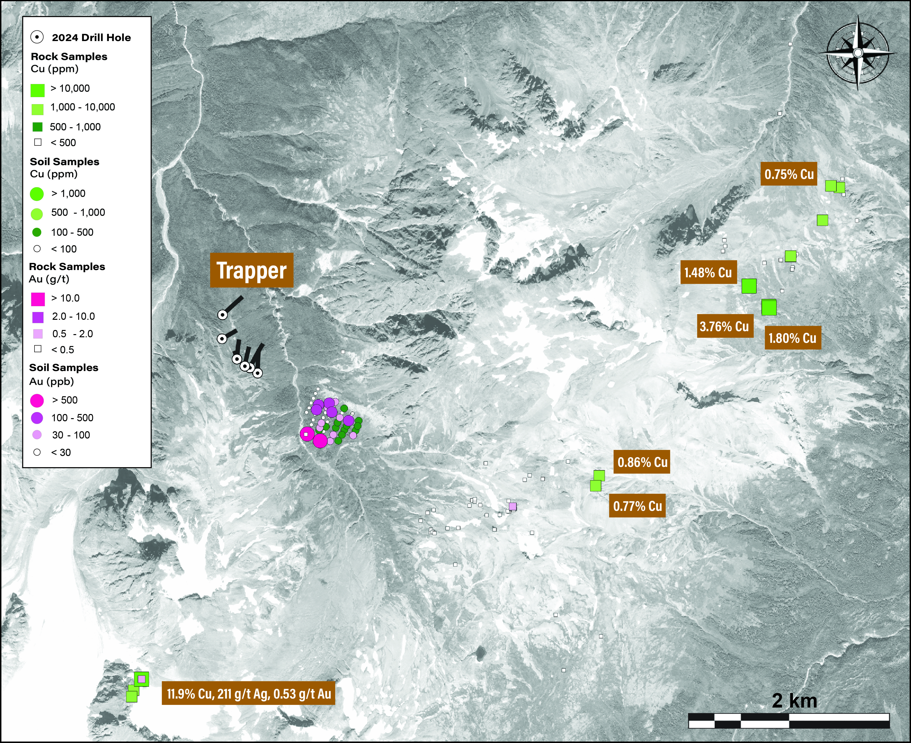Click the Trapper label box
pos(252,270)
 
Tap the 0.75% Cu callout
pos(789,174)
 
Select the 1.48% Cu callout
pos(708,272)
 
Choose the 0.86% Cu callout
pos(642,462)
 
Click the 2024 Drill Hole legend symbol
pos(37,37)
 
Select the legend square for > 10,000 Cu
pos(38,89)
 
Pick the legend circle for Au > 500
pos(37,400)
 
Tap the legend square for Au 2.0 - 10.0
pos(38,317)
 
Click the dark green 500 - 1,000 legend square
pos(38,127)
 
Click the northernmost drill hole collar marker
pos(223,315)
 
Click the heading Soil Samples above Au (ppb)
pos(64,368)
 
